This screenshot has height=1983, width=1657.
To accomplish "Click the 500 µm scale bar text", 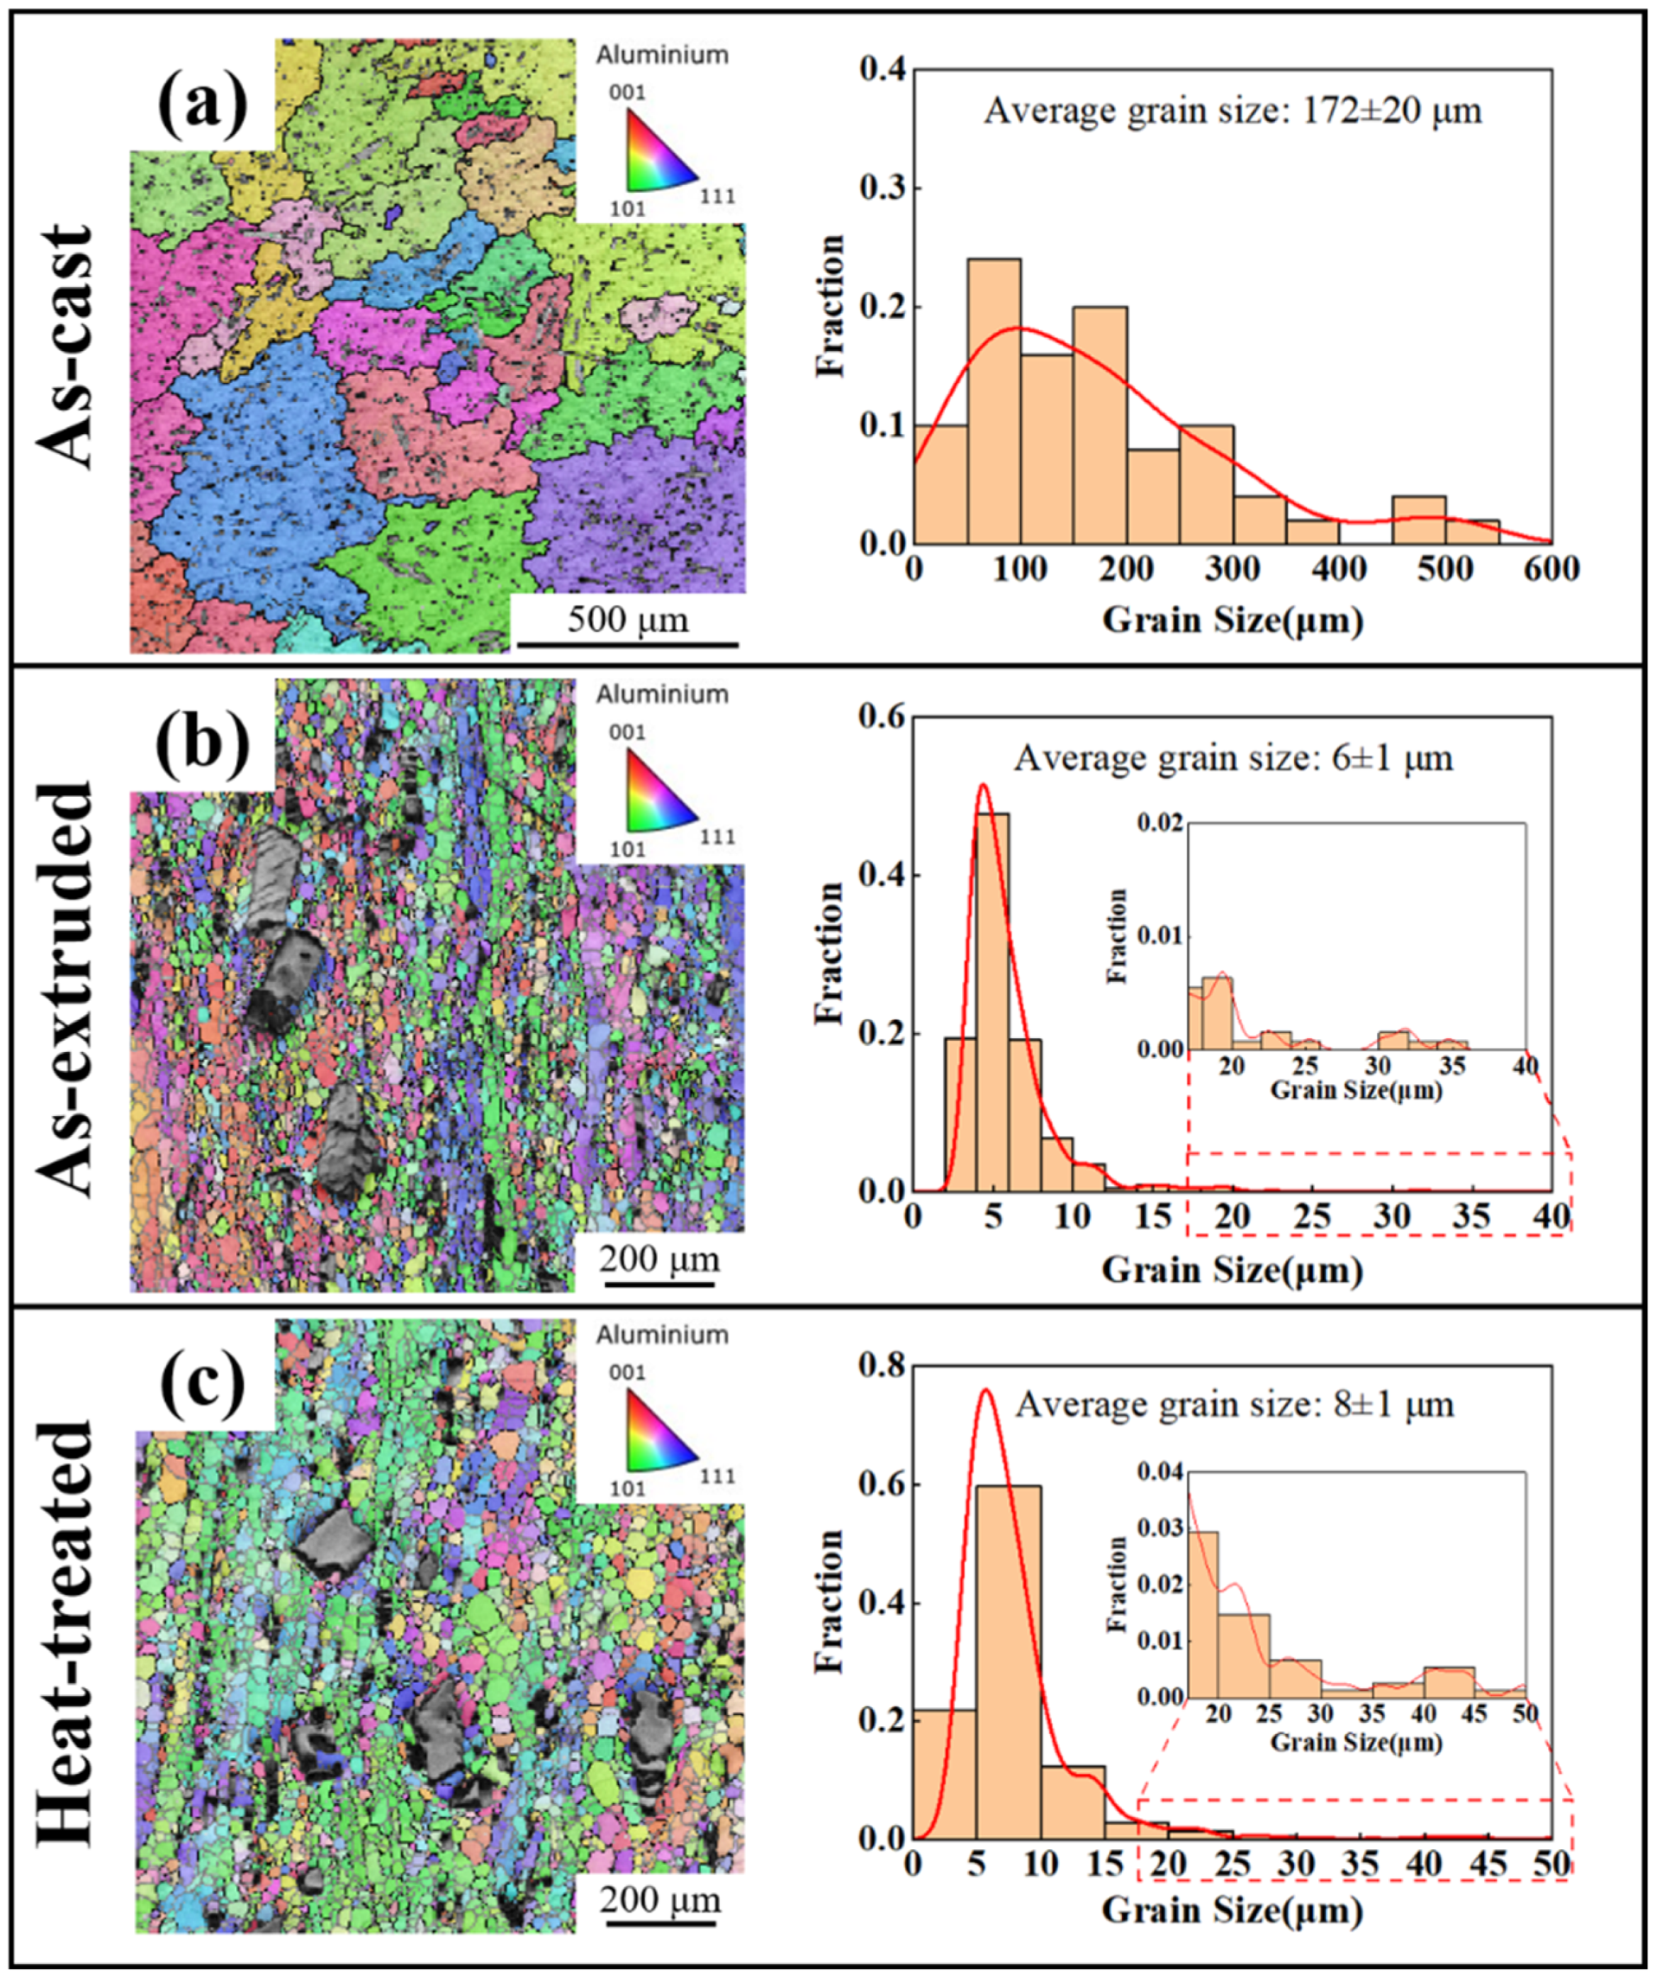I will point(628,620).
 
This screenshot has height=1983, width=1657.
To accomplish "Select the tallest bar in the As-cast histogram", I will point(993,401).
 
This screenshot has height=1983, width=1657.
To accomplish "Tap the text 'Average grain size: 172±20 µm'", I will point(1232,111).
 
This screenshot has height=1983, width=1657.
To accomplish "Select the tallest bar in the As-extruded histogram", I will point(992,1001).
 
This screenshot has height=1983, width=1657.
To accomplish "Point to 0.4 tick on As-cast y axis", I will point(884,69).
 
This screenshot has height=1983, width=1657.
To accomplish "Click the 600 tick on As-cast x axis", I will point(1549,570).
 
